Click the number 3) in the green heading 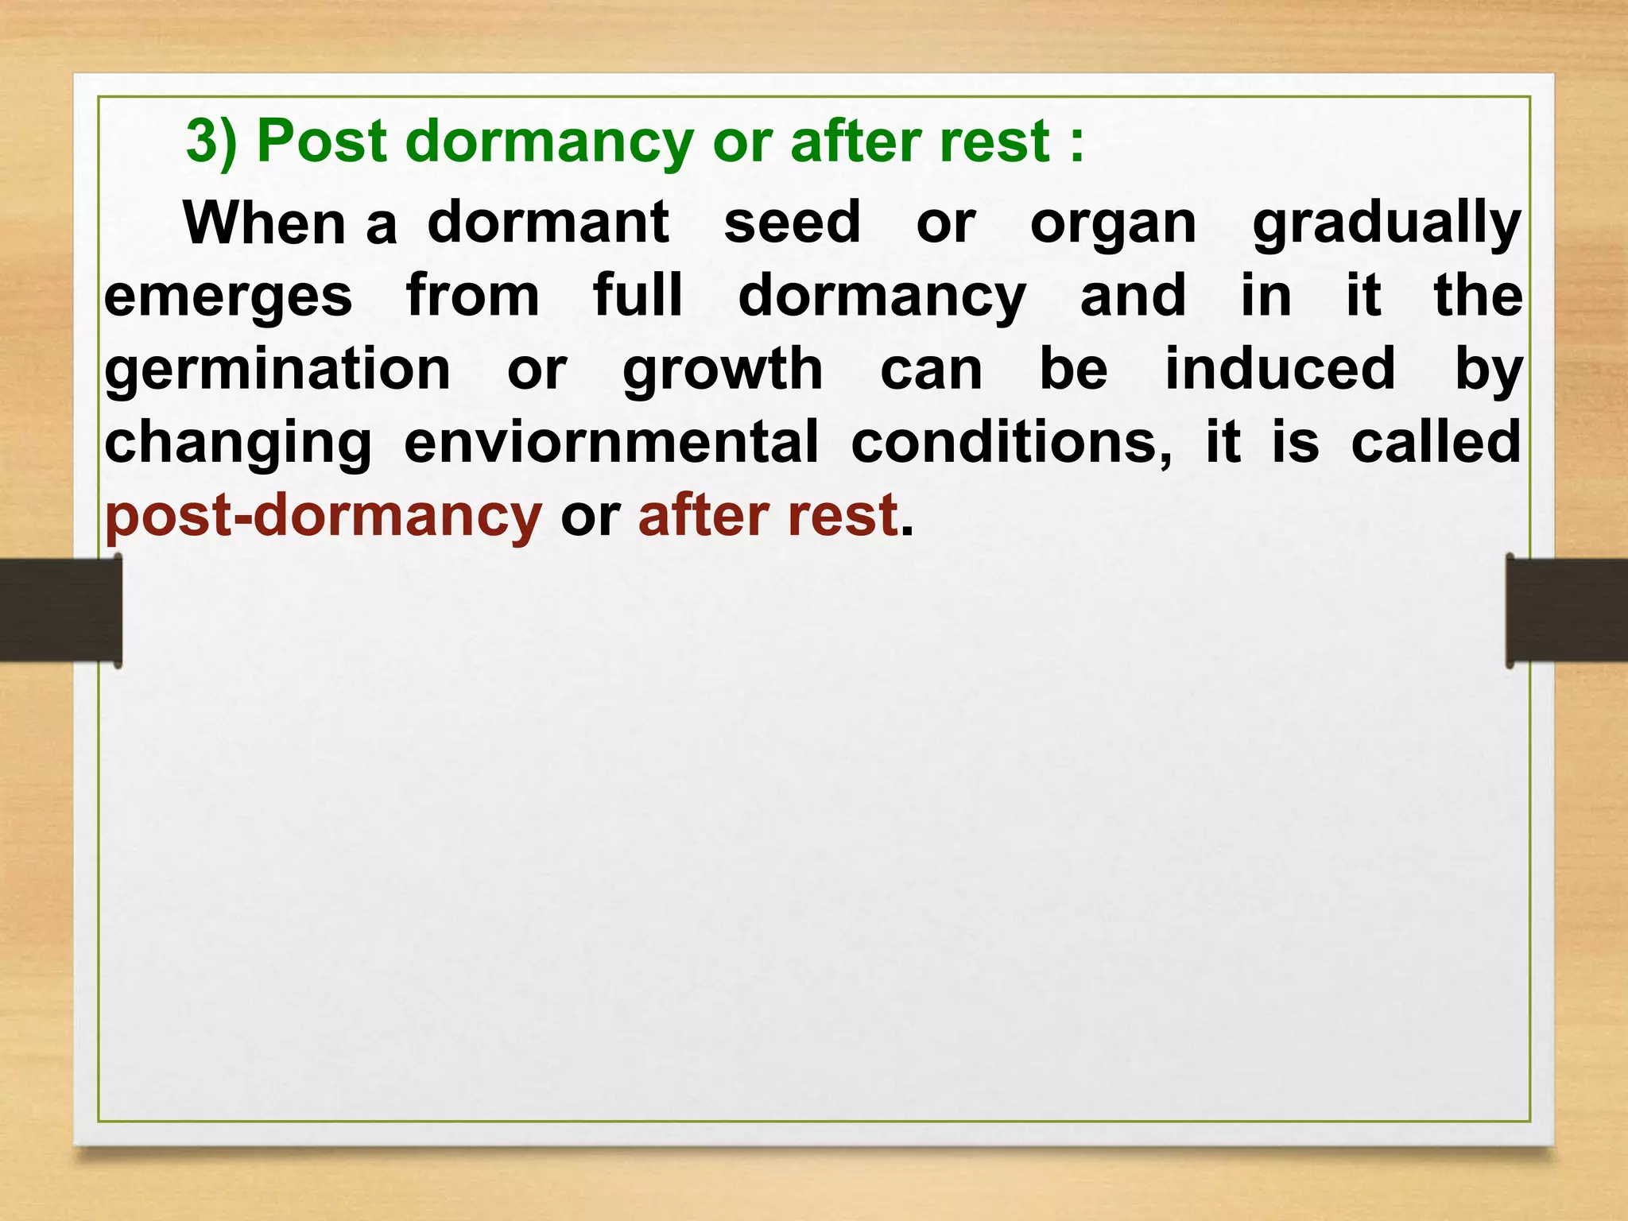tap(211, 141)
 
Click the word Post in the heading tap(321, 141)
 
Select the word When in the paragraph tap(263, 223)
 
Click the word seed tap(792, 223)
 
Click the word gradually tap(1386, 224)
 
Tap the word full tap(638, 296)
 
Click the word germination tap(277, 370)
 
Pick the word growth tap(723, 370)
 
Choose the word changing tap(238, 444)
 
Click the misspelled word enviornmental tap(610, 443)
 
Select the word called tap(1436, 443)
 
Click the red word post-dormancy tap(323, 517)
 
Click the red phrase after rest tap(768, 517)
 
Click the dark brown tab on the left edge tap(60, 610)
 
